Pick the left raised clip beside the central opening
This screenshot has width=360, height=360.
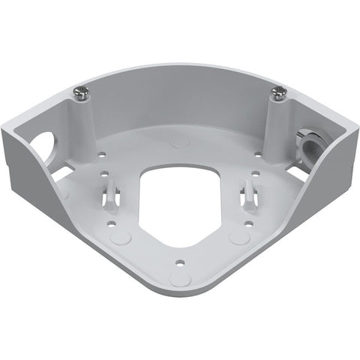111,193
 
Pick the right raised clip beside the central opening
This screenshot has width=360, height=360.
247,196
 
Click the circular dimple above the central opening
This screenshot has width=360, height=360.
178,140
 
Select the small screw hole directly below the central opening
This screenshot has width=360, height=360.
179,262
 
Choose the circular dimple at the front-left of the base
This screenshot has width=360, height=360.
120,238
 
